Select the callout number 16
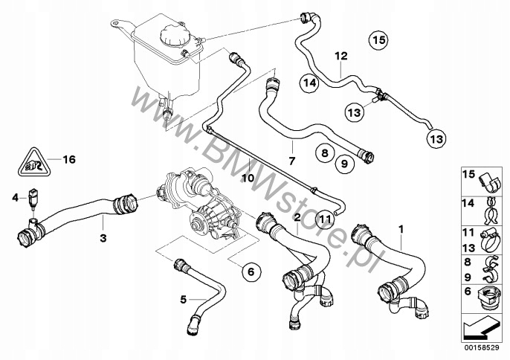click(x=68, y=159)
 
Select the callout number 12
click(x=340, y=55)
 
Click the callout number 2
click(x=297, y=217)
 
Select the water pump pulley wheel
click(x=201, y=223)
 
